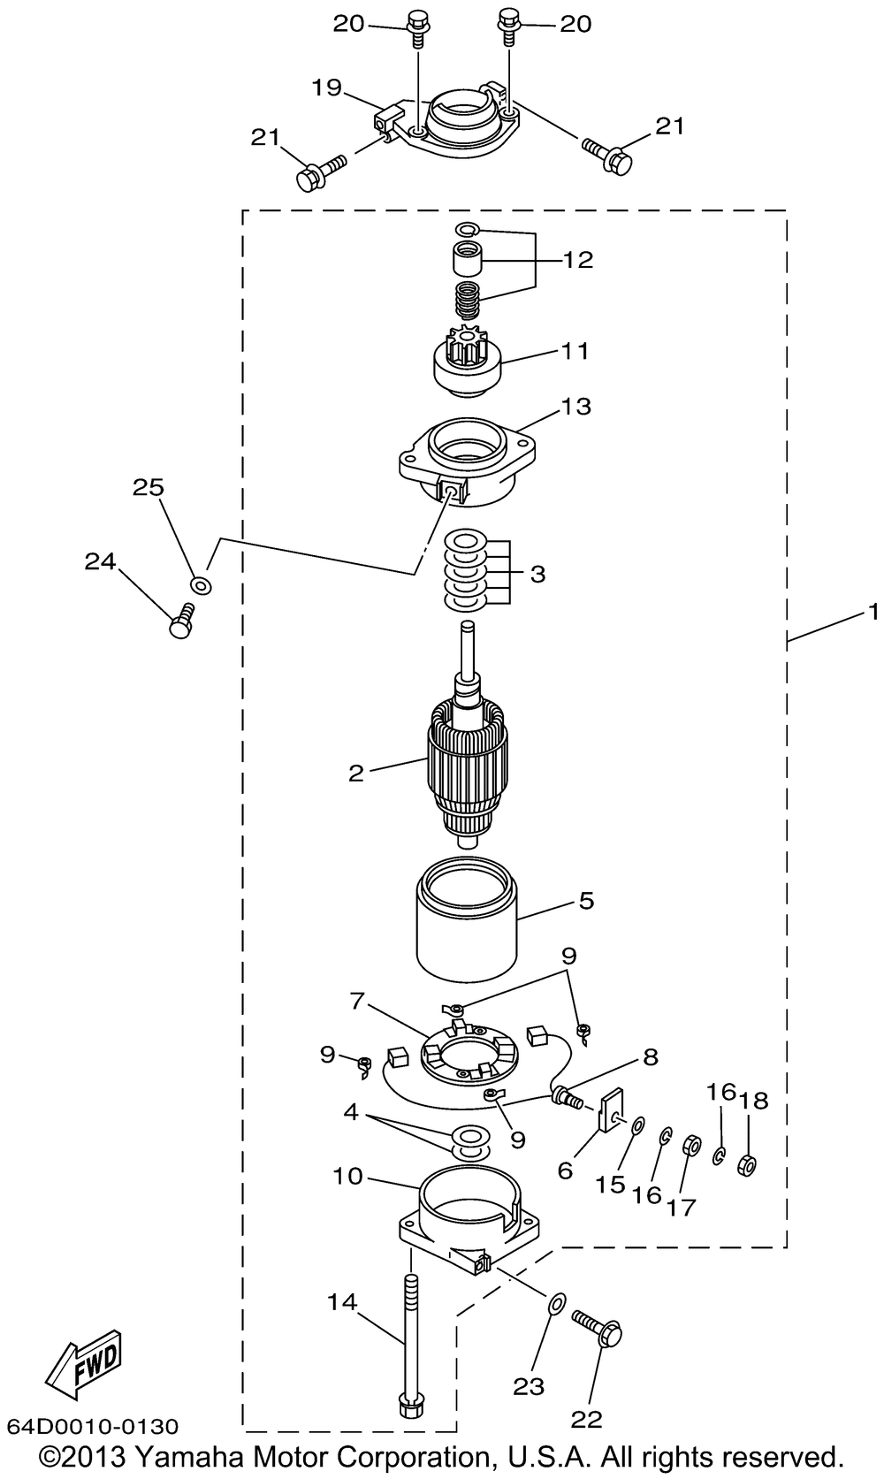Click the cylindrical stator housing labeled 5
467,919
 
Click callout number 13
576,406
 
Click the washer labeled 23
557,1302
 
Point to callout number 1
873,612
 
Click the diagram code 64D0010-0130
93,1427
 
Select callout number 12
577,260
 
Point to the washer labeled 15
638,1125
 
